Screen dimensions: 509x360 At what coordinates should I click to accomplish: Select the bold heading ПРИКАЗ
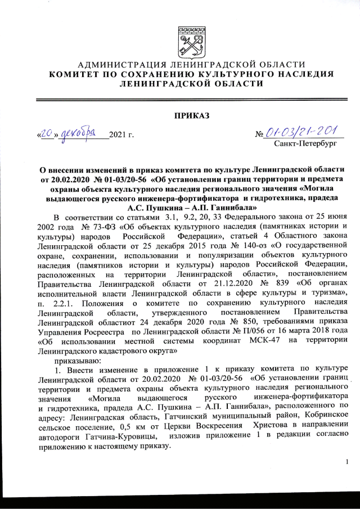(191, 116)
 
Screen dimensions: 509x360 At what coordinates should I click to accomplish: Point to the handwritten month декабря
(80, 134)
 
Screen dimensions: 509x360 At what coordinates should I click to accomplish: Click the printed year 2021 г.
(120, 136)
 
